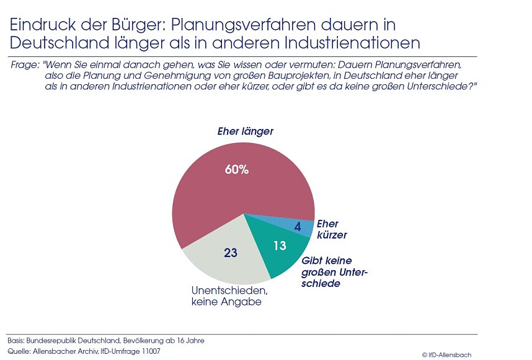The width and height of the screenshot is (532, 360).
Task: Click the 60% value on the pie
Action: (x=237, y=169)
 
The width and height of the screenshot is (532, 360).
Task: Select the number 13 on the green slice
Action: (x=279, y=246)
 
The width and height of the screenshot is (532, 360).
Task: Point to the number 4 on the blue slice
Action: (x=298, y=227)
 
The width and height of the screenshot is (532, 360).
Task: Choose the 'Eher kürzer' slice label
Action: (x=332, y=229)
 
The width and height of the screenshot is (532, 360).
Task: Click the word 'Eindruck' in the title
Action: (x=39, y=25)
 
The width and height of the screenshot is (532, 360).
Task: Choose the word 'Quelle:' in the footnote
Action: (x=19, y=351)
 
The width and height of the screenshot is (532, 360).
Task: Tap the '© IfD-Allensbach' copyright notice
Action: (x=446, y=354)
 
